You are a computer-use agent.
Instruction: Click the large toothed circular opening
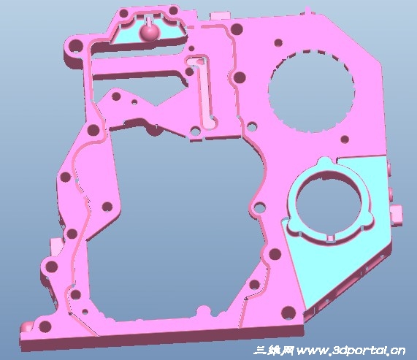tap(310, 91)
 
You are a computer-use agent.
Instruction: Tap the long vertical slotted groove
tap(204, 92)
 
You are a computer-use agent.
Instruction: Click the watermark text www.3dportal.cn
tap(351, 351)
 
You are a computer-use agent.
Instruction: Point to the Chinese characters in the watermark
tap(274, 351)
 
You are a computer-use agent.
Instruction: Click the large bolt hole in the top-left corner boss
tap(76, 46)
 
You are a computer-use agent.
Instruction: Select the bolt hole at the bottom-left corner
tap(45, 326)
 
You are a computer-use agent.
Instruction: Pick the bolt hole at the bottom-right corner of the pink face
tap(288, 313)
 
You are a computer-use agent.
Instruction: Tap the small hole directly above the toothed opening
tap(278, 42)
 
